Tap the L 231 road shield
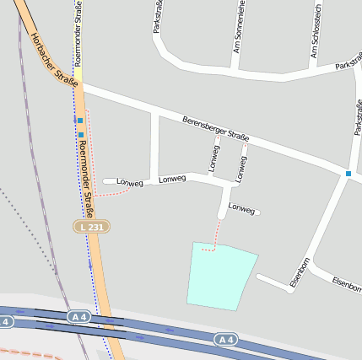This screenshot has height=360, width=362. (91, 228)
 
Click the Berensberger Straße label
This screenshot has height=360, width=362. (216, 129)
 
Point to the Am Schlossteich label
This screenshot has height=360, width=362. (313, 40)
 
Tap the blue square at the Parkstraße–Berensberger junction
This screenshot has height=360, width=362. (348, 174)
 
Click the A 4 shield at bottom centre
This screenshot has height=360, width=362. (224, 339)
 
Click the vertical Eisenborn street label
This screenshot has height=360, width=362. (298, 272)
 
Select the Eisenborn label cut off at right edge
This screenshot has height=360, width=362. (348, 284)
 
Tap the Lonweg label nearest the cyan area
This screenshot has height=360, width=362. (241, 208)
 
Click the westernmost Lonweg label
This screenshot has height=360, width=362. (130, 182)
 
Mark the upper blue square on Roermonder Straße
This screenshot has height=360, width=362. (80, 121)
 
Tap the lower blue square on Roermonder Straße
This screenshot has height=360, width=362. (81, 134)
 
